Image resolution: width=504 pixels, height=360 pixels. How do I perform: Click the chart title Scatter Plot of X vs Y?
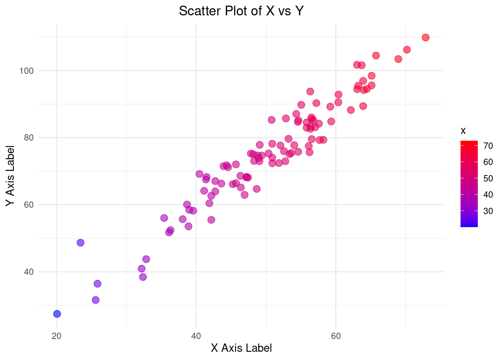(x=241, y=11)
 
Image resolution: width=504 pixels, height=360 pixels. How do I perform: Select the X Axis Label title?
(x=241, y=348)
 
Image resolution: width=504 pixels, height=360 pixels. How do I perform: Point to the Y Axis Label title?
(x=10, y=175)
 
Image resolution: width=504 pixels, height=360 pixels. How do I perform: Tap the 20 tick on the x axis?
(x=57, y=336)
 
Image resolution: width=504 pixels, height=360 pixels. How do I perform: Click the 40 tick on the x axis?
(x=196, y=336)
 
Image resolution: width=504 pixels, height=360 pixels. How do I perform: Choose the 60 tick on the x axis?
(x=336, y=336)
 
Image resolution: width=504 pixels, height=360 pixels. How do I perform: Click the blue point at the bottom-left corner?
(x=57, y=314)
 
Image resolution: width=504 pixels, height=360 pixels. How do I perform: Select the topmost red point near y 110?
(x=425, y=37)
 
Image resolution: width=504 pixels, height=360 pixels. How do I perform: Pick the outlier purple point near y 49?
(x=81, y=243)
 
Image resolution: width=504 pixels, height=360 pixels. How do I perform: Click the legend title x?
(x=463, y=131)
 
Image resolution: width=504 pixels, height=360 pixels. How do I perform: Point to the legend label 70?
(x=488, y=146)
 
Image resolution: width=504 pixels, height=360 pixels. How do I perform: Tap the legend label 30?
(x=488, y=211)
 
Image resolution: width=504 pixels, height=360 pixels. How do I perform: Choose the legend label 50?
(x=488, y=178)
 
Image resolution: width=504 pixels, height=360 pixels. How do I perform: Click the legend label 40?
(x=488, y=195)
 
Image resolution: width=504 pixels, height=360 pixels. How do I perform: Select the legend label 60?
(x=488, y=162)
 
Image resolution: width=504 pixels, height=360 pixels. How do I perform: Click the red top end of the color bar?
(x=469, y=143)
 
